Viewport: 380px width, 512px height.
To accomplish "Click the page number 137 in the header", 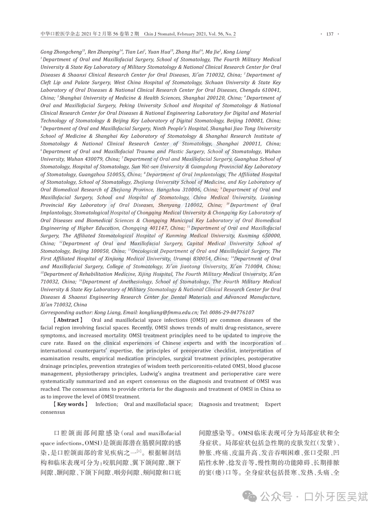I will pyautogui.click(x=330, y=34).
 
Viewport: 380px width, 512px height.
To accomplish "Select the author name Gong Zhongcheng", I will pyautogui.click(x=61, y=52).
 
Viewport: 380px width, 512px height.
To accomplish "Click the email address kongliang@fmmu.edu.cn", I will pyautogui.click(x=168, y=313).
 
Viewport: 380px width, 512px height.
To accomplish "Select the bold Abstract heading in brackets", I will pyautogui.click(x=68, y=320).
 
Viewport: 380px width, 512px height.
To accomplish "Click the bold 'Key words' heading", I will pyautogui.click(x=70, y=404).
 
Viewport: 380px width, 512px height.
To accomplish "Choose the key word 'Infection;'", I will pyautogui.click(x=107, y=404).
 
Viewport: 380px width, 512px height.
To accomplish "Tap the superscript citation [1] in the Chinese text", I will pyautogui.click(x=139, y=451).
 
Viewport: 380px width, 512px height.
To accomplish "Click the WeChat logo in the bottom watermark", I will pyautogui.click(x=251, y=497).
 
